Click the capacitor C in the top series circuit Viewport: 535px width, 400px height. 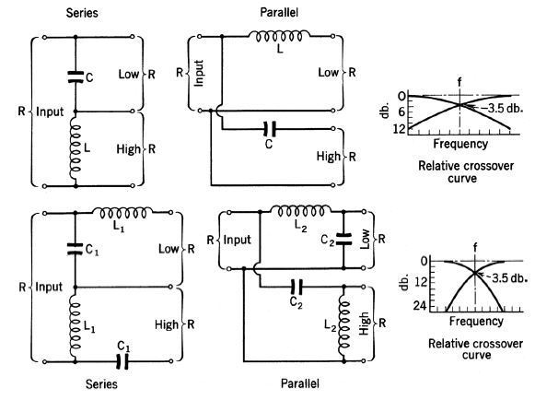pos(76,76)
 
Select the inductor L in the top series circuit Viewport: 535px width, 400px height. pos(76,148)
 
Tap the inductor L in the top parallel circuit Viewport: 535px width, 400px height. pos(279,36)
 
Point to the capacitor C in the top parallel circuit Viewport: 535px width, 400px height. pos(270,129)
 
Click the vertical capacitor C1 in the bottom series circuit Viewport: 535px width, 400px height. pos(76,249)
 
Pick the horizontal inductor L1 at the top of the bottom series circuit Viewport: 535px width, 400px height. pos(122,213)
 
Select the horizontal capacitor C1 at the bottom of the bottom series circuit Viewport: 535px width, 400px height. pos(122,361)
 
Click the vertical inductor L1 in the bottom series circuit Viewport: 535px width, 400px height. pos(76,325)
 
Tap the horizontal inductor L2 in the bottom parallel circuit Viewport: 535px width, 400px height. pos(300,211)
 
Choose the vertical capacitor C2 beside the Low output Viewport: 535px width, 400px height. pos(343,239)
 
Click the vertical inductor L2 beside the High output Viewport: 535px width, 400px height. pos(344,327)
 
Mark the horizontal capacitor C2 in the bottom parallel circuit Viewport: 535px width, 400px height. pos(296,287)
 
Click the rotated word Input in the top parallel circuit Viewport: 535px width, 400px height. pos(199,73)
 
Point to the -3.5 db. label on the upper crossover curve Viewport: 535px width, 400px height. pos(501,108)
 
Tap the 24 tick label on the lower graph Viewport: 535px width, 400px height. pos(420,305)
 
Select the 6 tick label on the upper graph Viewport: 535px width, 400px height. pos(401,112)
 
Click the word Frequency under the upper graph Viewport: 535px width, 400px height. pos(460,144)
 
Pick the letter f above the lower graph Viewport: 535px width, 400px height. pos(475,247)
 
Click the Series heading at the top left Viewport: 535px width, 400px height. pos(82,13)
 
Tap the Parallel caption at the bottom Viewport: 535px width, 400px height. pos(300,383)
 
